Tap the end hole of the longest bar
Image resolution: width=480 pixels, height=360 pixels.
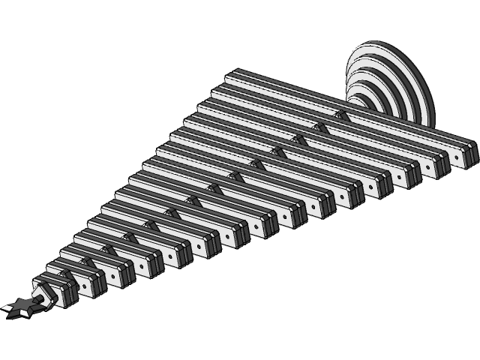(459, 157)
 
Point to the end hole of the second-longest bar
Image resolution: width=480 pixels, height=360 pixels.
(432, 167)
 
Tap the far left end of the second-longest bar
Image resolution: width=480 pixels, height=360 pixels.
(217, 91)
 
